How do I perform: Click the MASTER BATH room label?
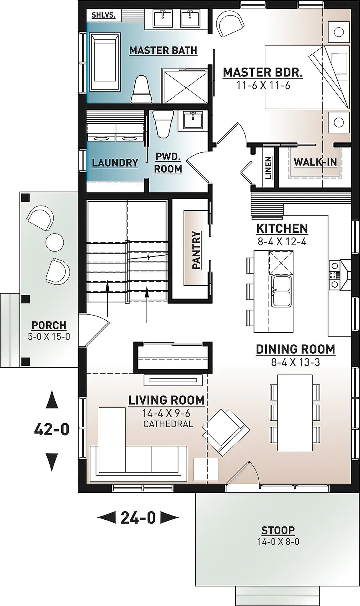[x=163, y=50]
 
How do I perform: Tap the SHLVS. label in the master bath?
[x=103, y=16]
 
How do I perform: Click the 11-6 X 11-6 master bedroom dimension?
[x=263, y=85]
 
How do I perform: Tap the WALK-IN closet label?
[x=315, y=162]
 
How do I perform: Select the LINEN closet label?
[x=268, y=168]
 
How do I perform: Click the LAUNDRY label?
[x=115, y=163]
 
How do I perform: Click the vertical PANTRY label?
[x=196, y=250]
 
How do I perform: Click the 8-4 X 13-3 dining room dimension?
[x=295, y=363]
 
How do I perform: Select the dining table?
[x=295, y=412]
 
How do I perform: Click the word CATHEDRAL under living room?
[x=168, y=424]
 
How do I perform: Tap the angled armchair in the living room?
[x=224, y=432]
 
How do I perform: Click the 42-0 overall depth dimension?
[x=52, y=430]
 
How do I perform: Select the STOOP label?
[x=278, y=530]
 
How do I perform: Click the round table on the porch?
[x=55, y=242]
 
